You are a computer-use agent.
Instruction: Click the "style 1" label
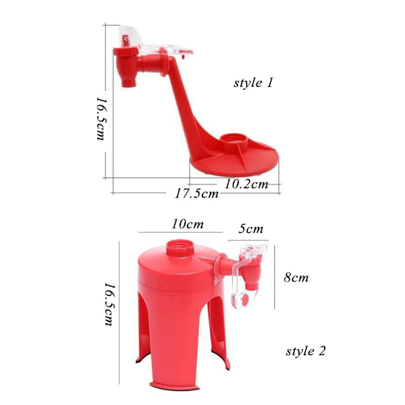tap(253, 83)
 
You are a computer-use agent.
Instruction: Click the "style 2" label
tap(306, 351)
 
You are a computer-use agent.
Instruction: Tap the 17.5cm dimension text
tap(197, 193)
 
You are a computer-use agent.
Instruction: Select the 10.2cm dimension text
tap(246, 184)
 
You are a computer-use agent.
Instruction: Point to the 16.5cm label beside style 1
tap(101, 119)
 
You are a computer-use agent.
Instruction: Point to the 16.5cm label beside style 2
tap(109, 304)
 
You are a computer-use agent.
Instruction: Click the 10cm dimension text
tap(188, 224)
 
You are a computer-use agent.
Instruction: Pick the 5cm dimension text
tap(251, 229)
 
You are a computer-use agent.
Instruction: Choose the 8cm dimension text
tap(296, 277)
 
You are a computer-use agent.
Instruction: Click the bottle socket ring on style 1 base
tap(234, 141)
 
